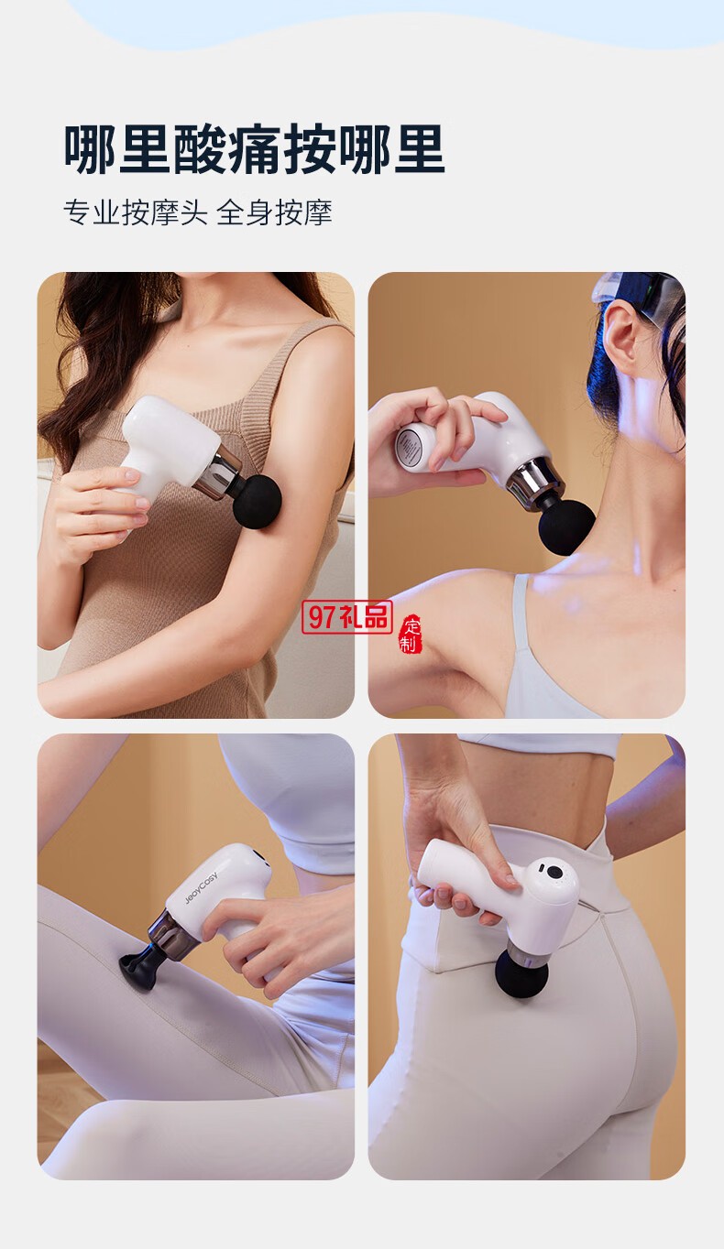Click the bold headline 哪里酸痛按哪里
(255, 149)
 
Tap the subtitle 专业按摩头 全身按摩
(198, 212)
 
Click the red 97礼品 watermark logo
(346, 617)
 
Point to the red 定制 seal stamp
(411, 635)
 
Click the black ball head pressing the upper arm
(257, 500)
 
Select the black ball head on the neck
(566, 527)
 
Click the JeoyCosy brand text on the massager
(201, 886)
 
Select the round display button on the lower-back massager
(554, 872)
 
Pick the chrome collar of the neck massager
(533, 480)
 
